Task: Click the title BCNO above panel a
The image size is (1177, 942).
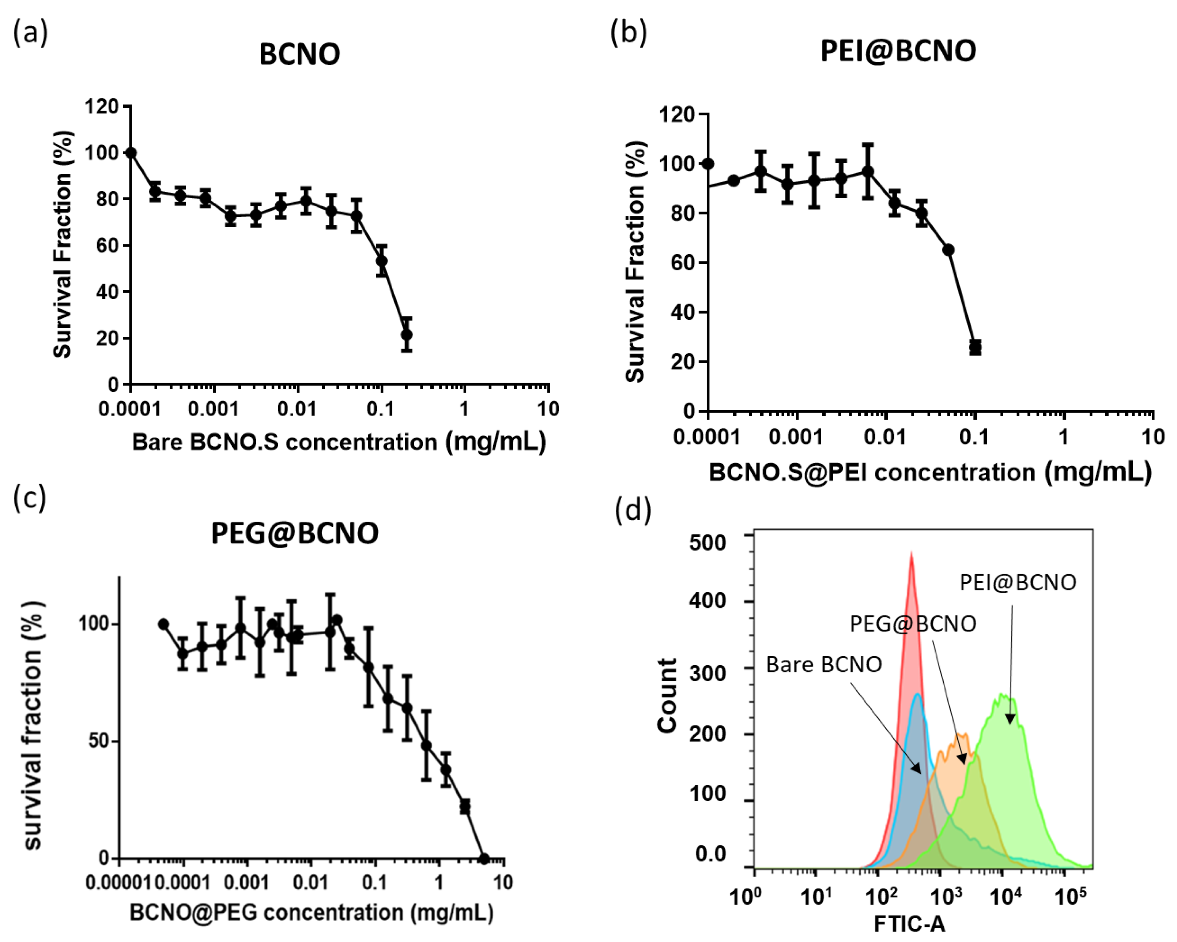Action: pyautogui.click(x=299, y=54)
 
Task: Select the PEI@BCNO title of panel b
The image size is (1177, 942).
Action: pyautogui.click(x=898, y=51)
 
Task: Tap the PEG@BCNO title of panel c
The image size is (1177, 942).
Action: pyautogui.click(x=295, y=533)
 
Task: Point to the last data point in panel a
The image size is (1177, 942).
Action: pyautogui.click(x=407, y=334)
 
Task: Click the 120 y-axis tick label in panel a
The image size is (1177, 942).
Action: pyautogui.click(x=102, y=106)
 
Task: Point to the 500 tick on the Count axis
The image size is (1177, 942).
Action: pyautogui.click(x=708, y=543)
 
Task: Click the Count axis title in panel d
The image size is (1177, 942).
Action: pyautogui.click(x=667, y=695)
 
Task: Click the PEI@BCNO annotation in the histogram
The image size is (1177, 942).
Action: pyautogui.click(x=1018, y=583)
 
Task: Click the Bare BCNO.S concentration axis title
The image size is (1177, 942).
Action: pyautogui.click(x=339, y=442)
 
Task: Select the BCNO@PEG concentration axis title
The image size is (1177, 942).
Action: pyautogui.click(x=311, y=912)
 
